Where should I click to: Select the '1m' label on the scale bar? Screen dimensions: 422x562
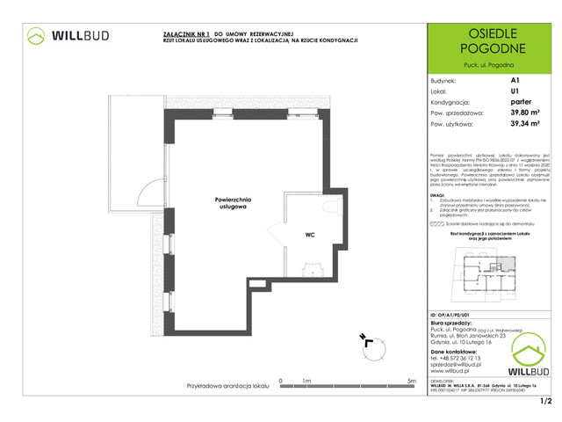tap(307, 381)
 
